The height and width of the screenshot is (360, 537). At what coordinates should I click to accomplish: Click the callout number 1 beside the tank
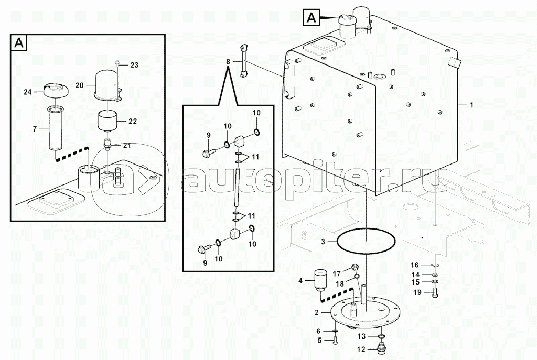[471, 106]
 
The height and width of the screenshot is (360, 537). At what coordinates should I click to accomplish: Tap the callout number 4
[300, 281]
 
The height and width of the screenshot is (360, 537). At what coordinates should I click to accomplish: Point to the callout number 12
[361, 350]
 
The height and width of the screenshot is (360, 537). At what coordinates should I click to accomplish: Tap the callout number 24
[27, 92]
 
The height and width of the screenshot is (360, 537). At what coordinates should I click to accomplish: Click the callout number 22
[132, 121]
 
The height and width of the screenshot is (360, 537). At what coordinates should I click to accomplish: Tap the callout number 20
[80, 84]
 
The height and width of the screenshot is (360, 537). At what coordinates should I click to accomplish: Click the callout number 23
[134, 66]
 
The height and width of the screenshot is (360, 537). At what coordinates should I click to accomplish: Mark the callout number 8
[228, 62]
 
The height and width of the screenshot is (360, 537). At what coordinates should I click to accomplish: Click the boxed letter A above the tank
[312, 18]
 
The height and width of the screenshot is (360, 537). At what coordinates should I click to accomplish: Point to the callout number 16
[414, 265]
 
